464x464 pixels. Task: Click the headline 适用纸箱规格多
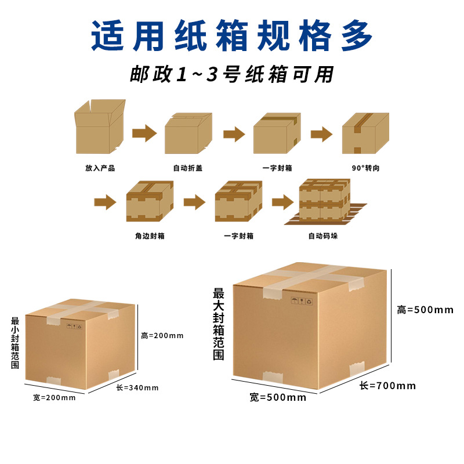point(232,36)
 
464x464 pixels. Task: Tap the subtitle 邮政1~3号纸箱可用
point(232,75)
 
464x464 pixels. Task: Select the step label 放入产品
point(100,168)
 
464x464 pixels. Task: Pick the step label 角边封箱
point(149,236)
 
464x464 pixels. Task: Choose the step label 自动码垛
point(322,236)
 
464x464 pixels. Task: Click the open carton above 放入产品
point(100,127)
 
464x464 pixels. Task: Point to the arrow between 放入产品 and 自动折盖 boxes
point(144,134)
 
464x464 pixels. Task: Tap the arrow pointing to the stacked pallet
point(282,202)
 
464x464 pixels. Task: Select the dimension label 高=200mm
point(162,335)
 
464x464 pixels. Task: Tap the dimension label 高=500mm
point(425,310)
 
